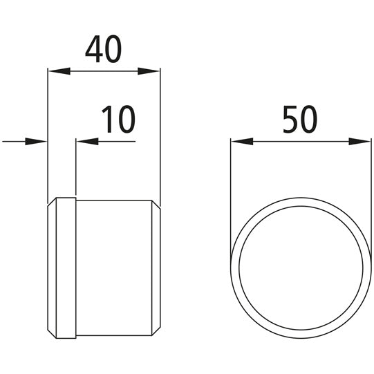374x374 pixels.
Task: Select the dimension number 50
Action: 300,120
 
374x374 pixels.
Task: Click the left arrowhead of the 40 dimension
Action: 55,71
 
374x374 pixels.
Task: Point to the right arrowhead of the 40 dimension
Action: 151,71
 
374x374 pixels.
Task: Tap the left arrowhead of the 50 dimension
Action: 239,142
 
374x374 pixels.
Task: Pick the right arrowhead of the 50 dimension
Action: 362,142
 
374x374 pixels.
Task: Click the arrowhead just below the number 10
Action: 85,142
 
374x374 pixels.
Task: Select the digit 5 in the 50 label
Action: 291,120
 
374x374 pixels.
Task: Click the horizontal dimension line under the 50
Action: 301,142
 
